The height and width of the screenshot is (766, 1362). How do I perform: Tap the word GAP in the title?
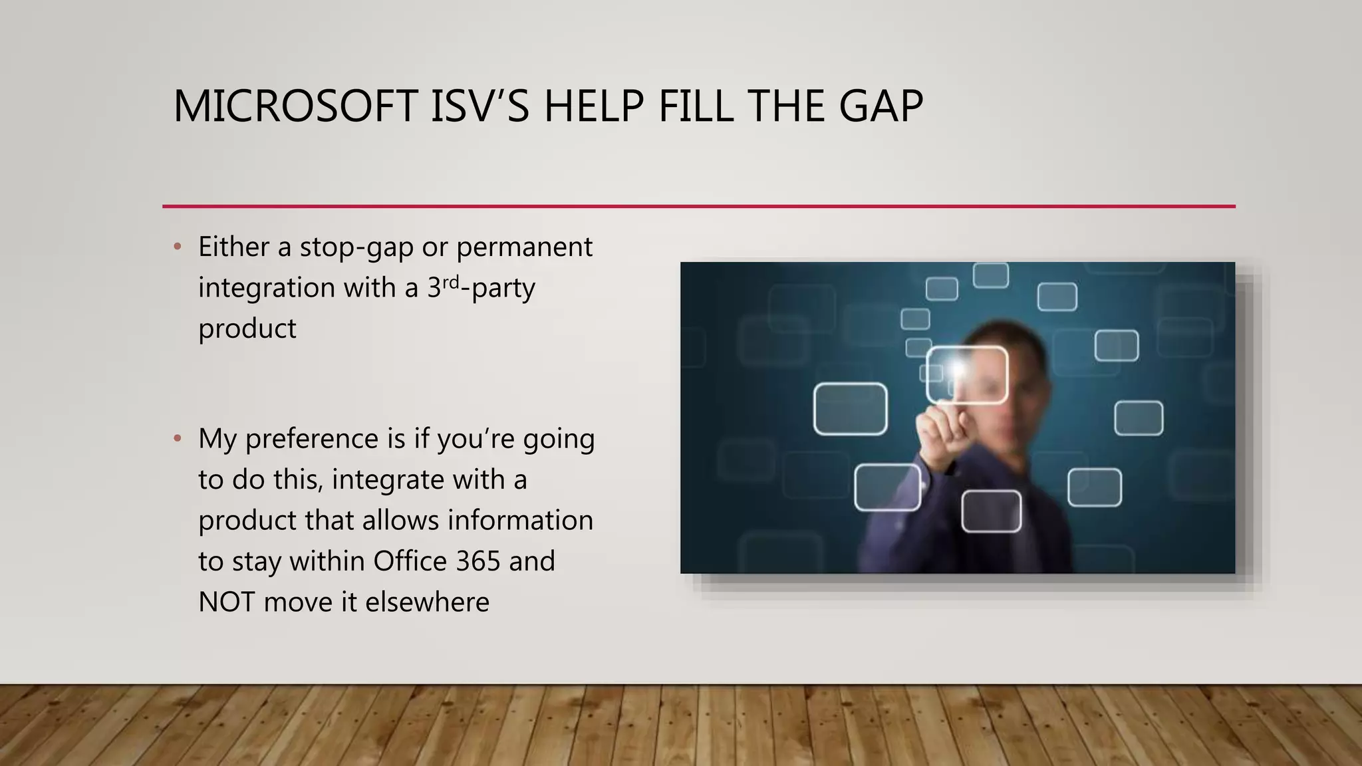[x=881, y=106]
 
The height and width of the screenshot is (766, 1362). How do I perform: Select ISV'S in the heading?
[x=479, y=106]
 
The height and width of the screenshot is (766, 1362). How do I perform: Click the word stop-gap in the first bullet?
[x=356, y=247]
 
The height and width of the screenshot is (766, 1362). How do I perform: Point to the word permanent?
[x=524, y=247]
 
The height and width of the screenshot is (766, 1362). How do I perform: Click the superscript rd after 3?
[x=451, y=282]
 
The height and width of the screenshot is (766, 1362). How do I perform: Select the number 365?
[x=478, y=561]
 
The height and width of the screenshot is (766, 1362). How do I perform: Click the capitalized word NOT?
[x=226, y=602]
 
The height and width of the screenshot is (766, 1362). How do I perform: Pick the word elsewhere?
[x=427, y=602]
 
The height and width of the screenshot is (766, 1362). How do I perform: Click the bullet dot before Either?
[x=177, y=247]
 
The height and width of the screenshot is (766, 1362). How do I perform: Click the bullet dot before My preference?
[x=177, y=439]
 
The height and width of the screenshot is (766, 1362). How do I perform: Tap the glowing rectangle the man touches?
[x=968, y=376]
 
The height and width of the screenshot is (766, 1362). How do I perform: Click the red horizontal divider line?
[x=698, y=206]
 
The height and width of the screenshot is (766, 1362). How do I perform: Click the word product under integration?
[x=247, y=329]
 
